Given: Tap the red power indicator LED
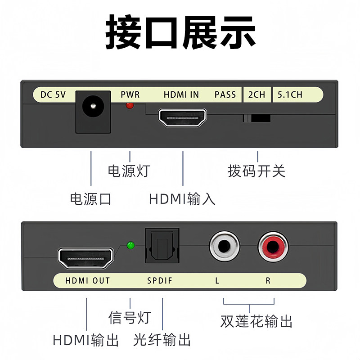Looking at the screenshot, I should point(130,106).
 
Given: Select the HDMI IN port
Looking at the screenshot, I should point(183,117).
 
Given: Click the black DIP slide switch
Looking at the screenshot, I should point(257,118).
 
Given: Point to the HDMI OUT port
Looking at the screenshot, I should point(86,258).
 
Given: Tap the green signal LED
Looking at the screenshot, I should point(131,245).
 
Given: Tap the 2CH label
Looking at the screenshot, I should point(256,94).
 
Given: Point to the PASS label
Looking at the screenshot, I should point(225,94).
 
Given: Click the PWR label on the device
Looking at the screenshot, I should point(130,94).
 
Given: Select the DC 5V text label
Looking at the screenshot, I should point(53,94).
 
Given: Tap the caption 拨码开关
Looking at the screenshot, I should point(256,171).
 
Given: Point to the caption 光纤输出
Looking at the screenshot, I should point(162,340).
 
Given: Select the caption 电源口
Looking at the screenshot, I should point(90,198).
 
